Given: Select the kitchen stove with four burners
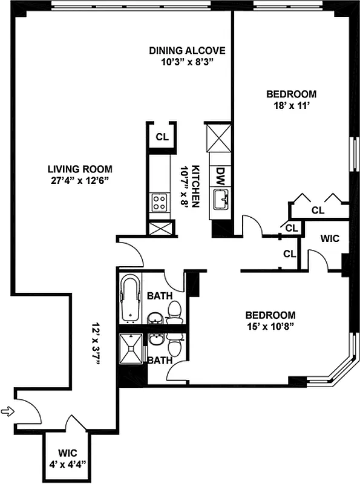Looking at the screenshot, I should click(x=160, y=201).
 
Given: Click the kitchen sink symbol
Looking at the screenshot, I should click(x=221, y=198).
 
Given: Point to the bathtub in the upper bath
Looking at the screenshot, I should click(x=131, y=298).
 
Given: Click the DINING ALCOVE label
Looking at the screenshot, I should click(x=188, y=50).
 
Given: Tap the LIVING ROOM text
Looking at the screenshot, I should click(x=82, y=169).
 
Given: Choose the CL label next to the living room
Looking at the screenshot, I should click(x=162, y=137).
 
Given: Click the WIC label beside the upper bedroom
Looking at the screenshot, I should click(x=329, y=238).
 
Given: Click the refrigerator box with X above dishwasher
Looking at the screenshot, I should click(x=218, y=138).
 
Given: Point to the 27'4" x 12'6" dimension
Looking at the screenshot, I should click(x=82, y=180).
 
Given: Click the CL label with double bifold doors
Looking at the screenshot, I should click(x=318, y=210).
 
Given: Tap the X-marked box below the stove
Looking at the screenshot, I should click(x=161, y=229).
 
